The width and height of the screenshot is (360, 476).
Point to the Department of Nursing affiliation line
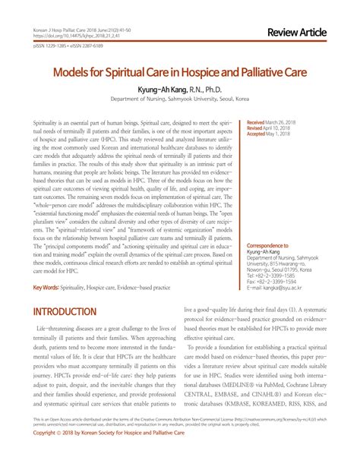179,99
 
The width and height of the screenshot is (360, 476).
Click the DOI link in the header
71,34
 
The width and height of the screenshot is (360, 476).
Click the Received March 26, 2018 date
270,121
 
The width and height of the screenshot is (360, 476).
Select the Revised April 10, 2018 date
268,128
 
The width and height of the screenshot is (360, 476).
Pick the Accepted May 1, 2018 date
268,134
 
